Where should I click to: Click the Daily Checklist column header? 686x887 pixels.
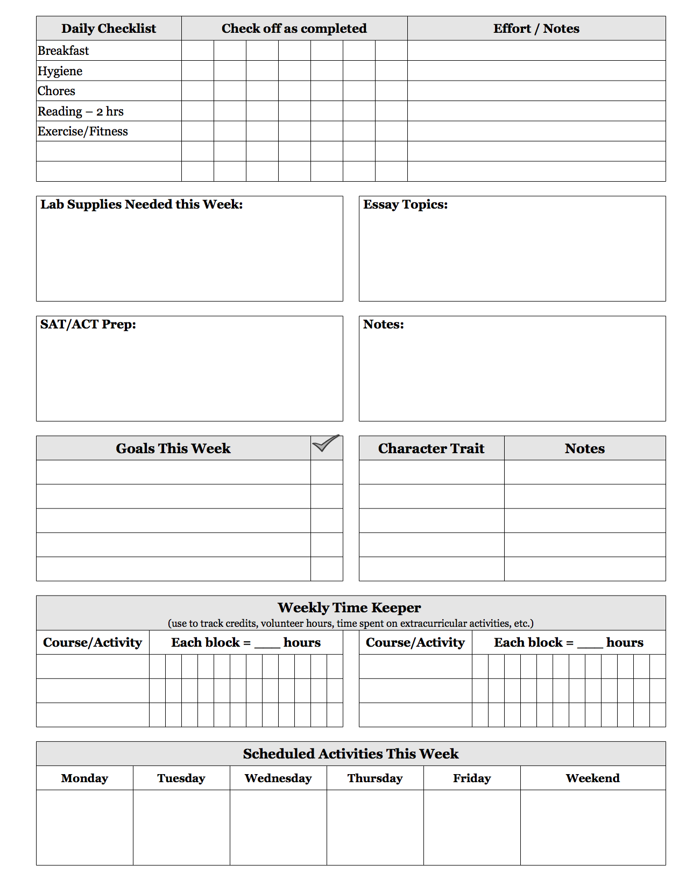[x=109, y=28]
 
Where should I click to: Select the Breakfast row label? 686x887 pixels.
[x=63, y=51]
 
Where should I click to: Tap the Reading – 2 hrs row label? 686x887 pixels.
[x=81, y=111]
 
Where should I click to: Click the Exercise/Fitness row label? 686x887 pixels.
[x=83, y=131]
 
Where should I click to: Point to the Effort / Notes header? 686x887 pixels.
[x=536, y=28]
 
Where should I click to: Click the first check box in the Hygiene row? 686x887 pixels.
[x=197, y=71]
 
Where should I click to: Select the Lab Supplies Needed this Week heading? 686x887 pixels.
[x=142, y=204]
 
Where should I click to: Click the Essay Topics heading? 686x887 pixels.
[x=405, y=204]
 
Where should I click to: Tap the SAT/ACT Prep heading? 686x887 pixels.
[x=88, y=324]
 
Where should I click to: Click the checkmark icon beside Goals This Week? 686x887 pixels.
[x=326, y=444]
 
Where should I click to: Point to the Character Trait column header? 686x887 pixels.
[x=431, y=448]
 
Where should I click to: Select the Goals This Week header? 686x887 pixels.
[x=173, y=448]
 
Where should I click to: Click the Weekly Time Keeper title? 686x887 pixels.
[x=349, y=607]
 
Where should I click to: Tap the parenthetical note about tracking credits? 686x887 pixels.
[x=351, y=623]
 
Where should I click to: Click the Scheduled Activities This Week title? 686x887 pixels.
[x=351, y=754]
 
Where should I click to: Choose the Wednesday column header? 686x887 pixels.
[x=278, y=778]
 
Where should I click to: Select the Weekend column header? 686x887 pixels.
[x=592, y=778]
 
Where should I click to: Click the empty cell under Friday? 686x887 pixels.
[x=472, y=827]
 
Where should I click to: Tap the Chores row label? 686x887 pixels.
[x=56, y=91]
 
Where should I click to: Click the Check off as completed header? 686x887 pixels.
[x=294, y=28]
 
